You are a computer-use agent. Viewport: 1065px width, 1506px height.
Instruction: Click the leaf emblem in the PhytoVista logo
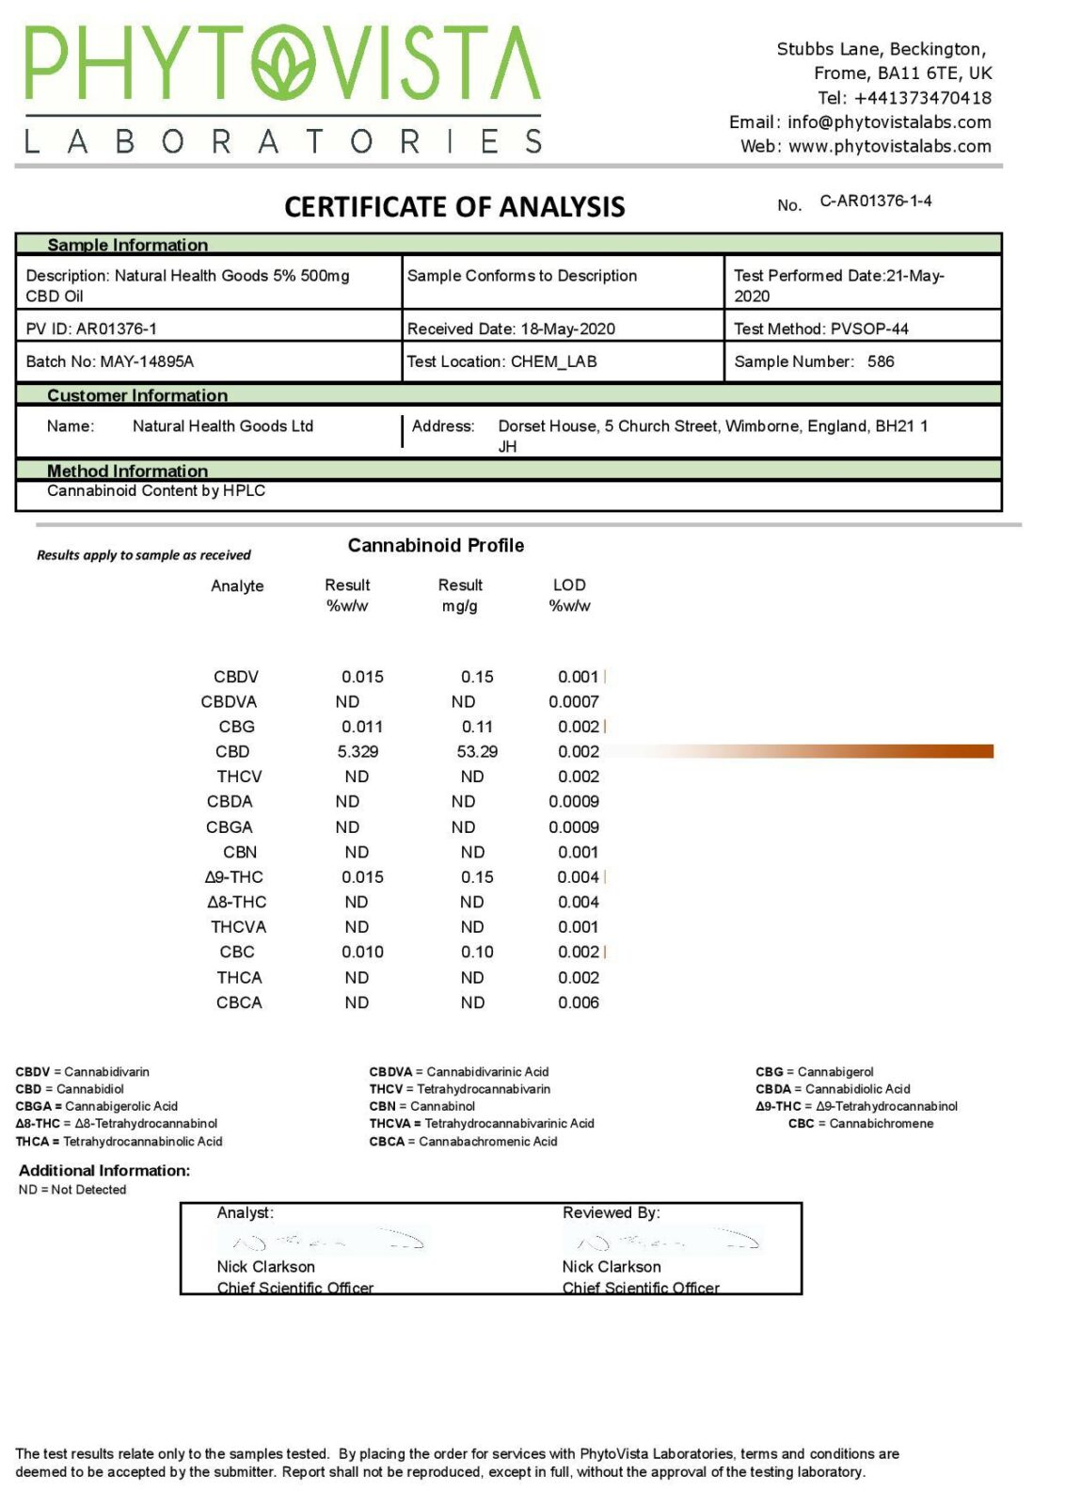(x=284, y=63)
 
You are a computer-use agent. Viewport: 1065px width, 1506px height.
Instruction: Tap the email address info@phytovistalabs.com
(x=889, y=122)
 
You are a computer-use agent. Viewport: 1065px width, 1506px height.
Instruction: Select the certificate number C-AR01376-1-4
(x=875, y=201)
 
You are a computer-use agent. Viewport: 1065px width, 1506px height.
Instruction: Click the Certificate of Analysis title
(x=454, y=207)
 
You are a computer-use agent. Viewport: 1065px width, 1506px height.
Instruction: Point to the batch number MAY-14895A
(x=147, y=361)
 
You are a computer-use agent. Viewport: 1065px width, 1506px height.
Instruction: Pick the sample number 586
(x=881, y=361)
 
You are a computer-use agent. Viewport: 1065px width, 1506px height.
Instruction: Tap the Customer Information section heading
(x=137, y=395)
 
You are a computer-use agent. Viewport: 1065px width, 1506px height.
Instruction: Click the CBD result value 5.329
(x=358, y=751)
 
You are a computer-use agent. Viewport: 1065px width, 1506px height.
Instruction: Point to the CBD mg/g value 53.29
(x=477, y=751)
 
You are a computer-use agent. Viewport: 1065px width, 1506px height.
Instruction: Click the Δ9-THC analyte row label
(x=234, y=877)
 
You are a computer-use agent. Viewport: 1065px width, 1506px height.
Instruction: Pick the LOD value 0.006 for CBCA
(x=578, y=1002)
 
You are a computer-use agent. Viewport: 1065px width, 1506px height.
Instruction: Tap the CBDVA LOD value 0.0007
(x=574, y=701)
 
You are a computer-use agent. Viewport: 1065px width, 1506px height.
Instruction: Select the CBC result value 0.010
(x=362, y=953)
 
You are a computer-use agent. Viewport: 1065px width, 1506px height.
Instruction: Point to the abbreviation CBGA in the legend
(x=34, y=1106)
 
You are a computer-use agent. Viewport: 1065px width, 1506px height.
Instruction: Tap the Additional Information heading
(x=104, y=1171)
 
